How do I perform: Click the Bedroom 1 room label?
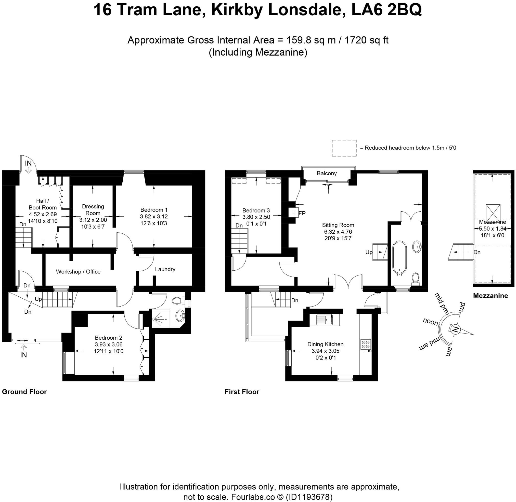coord(154,210)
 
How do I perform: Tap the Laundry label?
coord(165,269)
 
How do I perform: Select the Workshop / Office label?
coord(78,272)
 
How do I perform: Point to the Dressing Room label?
coord(93,210)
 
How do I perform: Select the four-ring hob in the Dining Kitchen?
coord(366,344)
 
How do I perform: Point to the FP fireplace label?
coord(302,213)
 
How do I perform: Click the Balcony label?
coord(327,173)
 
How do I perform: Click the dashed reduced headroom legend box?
coord(344,148)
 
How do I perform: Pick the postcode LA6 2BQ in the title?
coord(387,10)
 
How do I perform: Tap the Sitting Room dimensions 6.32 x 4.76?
coord(338,232)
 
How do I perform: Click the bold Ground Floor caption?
coord(24,392)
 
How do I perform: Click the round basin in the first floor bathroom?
coord(417,246)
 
